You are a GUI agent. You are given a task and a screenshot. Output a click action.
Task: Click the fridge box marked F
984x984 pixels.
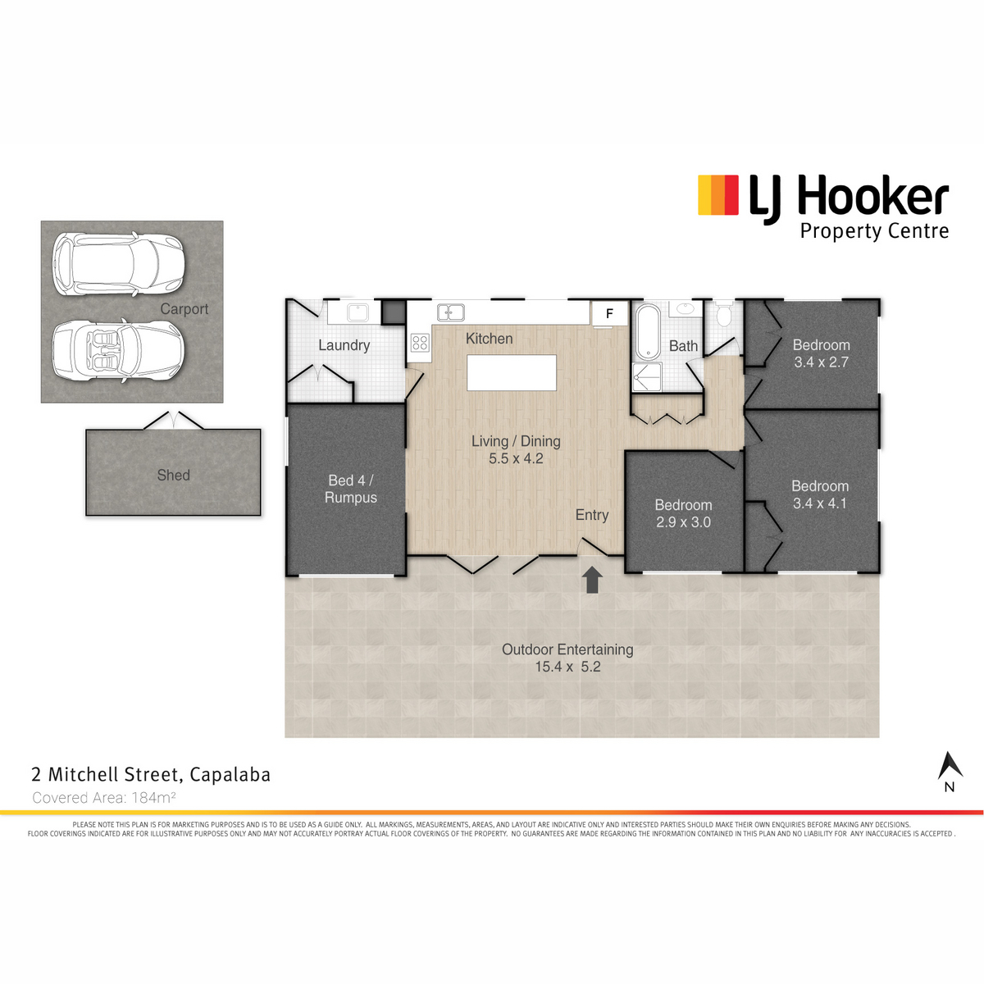[609, 313]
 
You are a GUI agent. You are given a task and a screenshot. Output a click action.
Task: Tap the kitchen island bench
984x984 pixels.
[511, 373]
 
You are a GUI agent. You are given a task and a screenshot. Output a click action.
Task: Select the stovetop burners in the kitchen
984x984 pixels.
[421, 342]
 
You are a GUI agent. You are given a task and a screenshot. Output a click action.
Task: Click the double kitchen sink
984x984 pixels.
[451, 312]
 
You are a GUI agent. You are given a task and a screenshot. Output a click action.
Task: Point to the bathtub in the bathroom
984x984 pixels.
[649, 331]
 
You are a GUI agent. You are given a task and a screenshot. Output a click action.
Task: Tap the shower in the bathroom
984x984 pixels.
[647, 377]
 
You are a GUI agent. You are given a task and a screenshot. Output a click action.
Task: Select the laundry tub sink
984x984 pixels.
[358, 312]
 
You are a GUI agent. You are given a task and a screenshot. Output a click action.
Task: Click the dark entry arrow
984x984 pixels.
[592, 580]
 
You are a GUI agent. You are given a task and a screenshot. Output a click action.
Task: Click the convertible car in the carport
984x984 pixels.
[119, 350]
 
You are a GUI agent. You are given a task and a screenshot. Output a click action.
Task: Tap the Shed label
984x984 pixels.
[174, 475]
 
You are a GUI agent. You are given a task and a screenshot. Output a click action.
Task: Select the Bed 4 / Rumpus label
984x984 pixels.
[351, 489]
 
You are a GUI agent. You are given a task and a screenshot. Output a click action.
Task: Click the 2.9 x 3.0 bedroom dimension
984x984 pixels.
[683, 522]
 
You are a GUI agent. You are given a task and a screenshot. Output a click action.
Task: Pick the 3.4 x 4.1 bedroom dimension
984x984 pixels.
[819, 503]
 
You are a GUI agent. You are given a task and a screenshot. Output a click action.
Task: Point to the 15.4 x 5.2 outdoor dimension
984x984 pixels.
[567, 667]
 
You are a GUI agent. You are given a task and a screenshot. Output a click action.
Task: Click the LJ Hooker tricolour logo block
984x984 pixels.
[718, 195]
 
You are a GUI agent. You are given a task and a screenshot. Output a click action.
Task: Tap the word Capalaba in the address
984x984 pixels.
[230, 775]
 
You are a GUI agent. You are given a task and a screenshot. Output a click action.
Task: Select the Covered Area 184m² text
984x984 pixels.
[104, 797]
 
